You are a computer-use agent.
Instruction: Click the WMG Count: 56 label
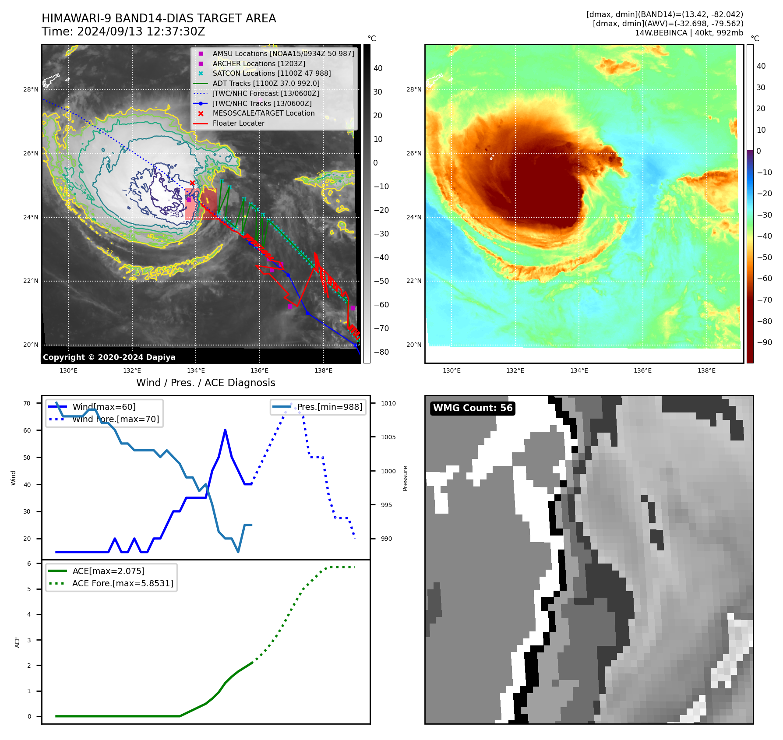(x=473, y=408)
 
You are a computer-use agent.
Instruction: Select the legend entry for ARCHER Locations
(x=259, y=63)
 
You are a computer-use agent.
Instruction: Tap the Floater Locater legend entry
(x=238, y=123)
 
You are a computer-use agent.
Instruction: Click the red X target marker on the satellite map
(x=192, y=183)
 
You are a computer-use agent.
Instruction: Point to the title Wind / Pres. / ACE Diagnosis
(x=205, y=383)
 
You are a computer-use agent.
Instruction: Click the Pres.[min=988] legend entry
(x=329, y=407)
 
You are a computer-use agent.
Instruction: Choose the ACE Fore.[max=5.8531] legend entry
(x=123, y=583)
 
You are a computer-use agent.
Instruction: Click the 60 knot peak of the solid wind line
(x=225, y=430)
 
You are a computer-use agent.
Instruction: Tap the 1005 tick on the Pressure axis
(x=388, y=437)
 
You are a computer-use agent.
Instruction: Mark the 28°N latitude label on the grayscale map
(x=31, y=90)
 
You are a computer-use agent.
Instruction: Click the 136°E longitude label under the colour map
(x=642, y=370)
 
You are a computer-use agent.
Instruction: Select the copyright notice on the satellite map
(x=109, y=357)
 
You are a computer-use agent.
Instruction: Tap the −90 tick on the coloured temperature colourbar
(x=764, y=342)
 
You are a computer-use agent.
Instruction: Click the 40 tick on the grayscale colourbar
(x=378, y=68)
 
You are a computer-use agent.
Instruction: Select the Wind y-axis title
(x=13, y=478)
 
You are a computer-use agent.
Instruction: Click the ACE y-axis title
(x=17, y=642)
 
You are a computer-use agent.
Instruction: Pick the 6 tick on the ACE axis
(x=29, y=564)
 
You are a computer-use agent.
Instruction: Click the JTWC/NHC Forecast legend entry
(x=265, y=94)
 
